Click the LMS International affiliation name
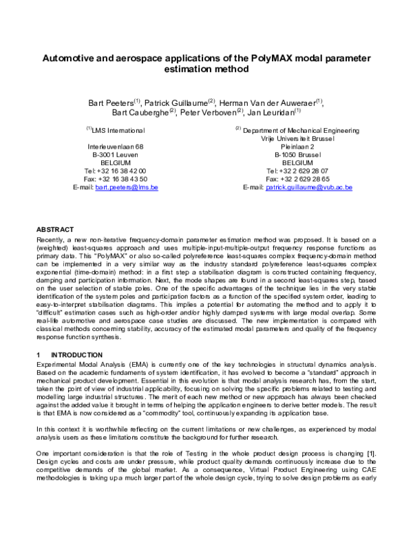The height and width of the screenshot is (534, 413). [x=118, y=130]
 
